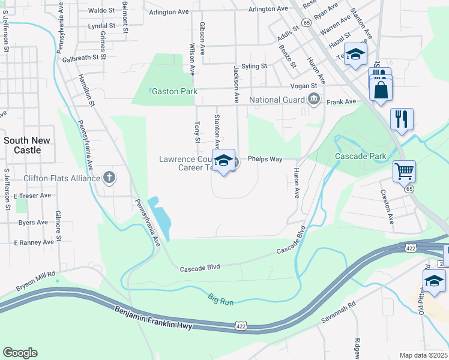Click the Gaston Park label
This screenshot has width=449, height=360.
pos(175,92)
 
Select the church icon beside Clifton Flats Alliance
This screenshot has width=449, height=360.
pos(109,178)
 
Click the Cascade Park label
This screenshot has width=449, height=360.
pos(361,156)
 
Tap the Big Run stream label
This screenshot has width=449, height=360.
pos(220,299)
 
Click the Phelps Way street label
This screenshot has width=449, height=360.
pos(265,159)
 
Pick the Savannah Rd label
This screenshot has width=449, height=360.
pos(338,310)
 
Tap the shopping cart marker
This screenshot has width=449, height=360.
pos(404,171)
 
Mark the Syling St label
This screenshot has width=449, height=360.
pos(254,66)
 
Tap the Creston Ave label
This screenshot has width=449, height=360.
pos(388,206)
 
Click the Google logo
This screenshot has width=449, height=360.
pos(20,353)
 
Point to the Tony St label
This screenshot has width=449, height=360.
pos(197,133)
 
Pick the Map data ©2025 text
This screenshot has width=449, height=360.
pos(424,355)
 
